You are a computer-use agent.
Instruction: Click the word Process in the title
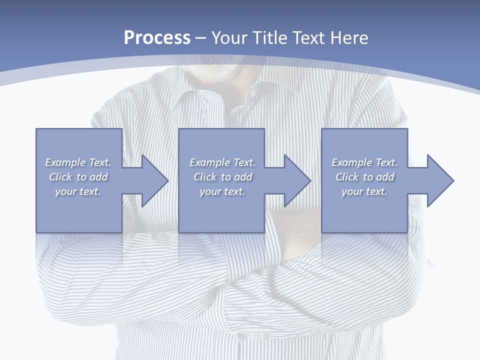click(157, 38)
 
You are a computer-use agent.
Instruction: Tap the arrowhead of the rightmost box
click(440, 180)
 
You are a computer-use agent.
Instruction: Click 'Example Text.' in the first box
click(78, 162)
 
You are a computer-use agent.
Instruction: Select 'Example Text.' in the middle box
click(222, 162)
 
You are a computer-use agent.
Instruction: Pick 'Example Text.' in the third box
click(364, 162)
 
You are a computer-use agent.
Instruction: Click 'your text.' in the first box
click(78, 191)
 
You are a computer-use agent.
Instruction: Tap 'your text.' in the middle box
click(222, 191)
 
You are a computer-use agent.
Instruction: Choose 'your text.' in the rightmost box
click(364, 191)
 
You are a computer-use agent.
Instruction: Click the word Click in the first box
click(60, 177)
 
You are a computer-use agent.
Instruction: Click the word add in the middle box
click(243, 177)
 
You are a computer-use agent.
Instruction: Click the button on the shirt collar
click(253, 93)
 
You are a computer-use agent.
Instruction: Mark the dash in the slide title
click(201, 38)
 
